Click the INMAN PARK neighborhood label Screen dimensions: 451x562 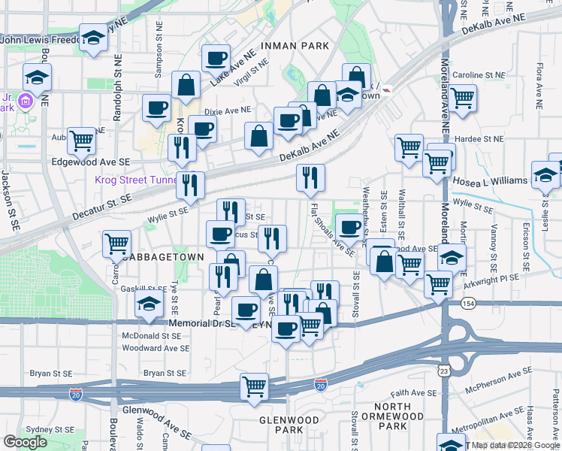point(295,46)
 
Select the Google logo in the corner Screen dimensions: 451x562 point(25,441)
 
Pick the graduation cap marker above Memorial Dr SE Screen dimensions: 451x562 point(149,303)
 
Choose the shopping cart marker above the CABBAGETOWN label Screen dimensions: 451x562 point(117,244)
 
